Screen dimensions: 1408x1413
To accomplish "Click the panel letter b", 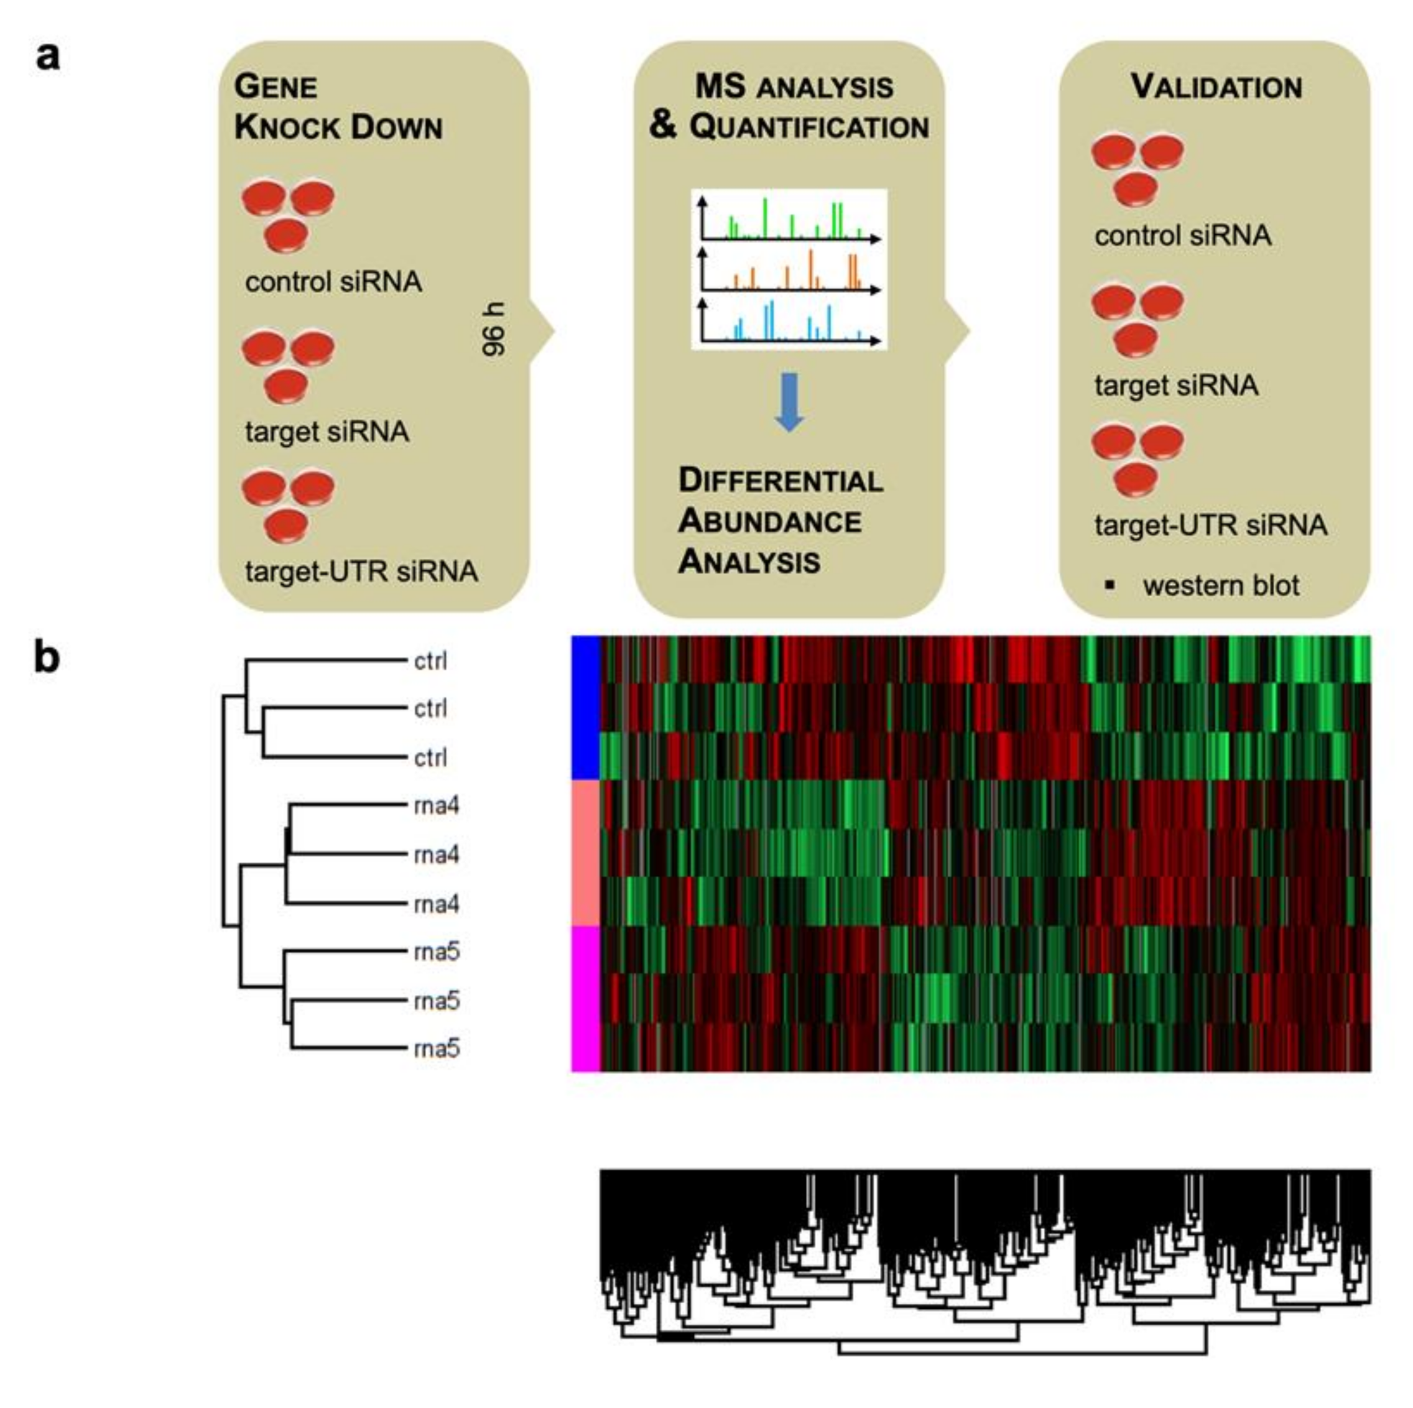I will click(x=47, y=657).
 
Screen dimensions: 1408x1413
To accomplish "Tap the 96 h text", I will click(x=494, y=329).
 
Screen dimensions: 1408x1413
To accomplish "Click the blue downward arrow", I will click(x=789, y=402).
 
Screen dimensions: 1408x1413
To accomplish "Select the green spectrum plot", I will click(x=790, y=218).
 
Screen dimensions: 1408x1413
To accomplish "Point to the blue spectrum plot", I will click(x=790, y=322).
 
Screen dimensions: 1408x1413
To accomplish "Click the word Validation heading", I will click(x=1216, y=87).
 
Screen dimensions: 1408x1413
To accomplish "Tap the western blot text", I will click(x=1220, y=585).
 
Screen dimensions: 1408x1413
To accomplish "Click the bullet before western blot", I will click(x=1111, y=585).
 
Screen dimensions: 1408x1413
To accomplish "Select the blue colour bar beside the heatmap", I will click(x=585, y=708).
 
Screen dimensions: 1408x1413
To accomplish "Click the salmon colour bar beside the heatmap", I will click(x=585, y=853).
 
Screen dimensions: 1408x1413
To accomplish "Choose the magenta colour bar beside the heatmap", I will click(x=585, y=999).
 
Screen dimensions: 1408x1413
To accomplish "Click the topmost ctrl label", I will click(x=430, y=660).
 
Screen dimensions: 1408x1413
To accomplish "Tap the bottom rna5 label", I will click(x=437, y=1049).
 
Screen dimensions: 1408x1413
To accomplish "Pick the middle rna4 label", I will click(x=437, y=854).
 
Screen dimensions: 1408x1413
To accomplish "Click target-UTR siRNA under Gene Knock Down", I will click(x=361, y=571).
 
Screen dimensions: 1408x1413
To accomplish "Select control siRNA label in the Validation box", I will click(x=1182, y=236).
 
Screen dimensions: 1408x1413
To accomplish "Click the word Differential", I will click(x=780, y=481).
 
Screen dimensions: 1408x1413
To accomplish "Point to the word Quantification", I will click(x=809, y=127).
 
